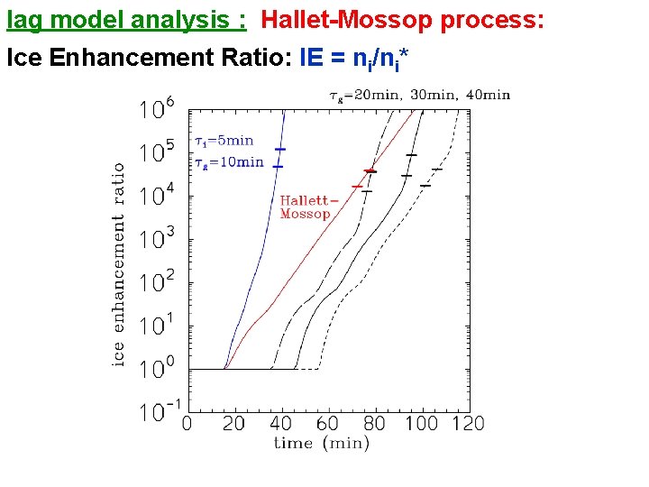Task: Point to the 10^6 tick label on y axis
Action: point(157,109)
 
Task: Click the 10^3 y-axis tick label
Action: point(157,239)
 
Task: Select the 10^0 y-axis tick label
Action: point(157,369)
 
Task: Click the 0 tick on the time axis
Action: point(187,423)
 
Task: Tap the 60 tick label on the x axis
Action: point(327,423)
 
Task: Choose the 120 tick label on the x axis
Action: point(467,423)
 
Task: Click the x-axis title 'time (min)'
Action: point(322,443)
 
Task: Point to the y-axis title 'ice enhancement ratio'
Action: point(119,264)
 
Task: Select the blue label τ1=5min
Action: point(225,141)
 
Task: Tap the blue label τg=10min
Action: point(229,162)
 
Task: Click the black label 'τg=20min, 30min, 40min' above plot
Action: point(418,95)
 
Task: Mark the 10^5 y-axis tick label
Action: point(157,152)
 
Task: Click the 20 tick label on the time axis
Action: point(233,423)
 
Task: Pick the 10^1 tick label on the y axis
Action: point(157,326)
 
